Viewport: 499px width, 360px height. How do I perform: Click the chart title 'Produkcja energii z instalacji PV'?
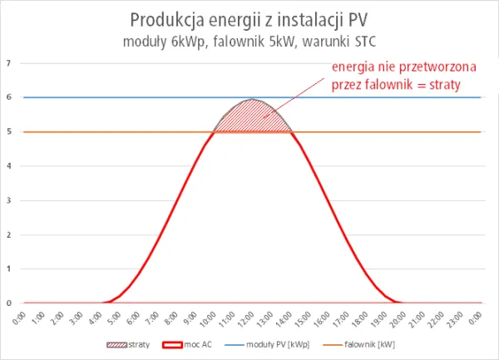[x=249, y=18]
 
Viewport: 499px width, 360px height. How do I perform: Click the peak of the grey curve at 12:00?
[x=252, y=100]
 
